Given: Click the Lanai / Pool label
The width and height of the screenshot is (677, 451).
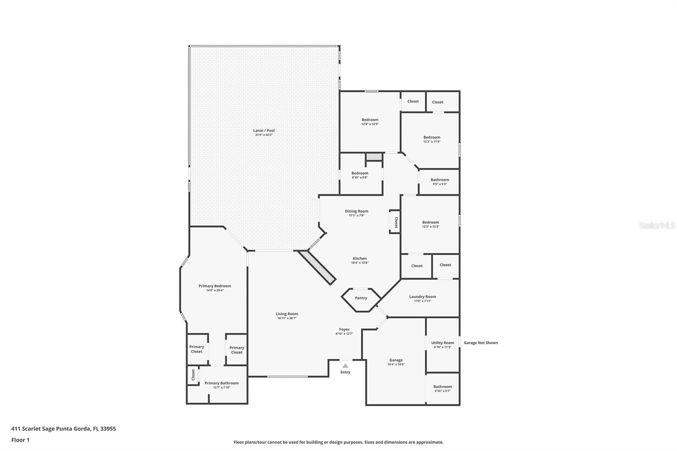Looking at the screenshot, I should (264, 130).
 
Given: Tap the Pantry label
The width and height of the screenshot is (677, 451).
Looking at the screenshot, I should (361, 298).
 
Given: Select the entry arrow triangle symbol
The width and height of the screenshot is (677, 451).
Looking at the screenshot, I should (345, 366).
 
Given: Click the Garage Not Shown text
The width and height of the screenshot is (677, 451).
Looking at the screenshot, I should (481, 343).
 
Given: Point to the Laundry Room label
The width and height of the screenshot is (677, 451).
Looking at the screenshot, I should (422, 297).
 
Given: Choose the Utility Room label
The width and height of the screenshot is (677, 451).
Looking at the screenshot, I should (443, 343).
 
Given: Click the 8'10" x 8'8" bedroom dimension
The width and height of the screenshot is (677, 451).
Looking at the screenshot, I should (360, 178).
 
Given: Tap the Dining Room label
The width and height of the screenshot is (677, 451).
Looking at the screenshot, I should (357, 211).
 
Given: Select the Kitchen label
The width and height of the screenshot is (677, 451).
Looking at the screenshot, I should (360, 258).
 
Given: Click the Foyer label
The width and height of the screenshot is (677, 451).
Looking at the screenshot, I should (344, 329).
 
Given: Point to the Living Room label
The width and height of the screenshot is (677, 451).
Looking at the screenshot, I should (287, 314).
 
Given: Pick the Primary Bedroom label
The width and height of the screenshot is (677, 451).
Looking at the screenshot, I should (215, 286).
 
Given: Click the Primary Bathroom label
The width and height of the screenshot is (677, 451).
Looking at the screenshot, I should (222, 383).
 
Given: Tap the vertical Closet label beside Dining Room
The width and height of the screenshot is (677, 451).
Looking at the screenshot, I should (396, 223).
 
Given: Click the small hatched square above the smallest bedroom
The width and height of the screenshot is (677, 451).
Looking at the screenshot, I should (374, 157).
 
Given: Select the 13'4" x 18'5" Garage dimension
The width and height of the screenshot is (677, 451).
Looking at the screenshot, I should (396, 364).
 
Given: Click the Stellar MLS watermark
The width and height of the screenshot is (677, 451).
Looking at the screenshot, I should (657, 226).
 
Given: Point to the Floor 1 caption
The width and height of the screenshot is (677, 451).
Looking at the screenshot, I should (20, 440).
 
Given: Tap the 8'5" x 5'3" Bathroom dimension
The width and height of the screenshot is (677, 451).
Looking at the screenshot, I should (440, 184).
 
